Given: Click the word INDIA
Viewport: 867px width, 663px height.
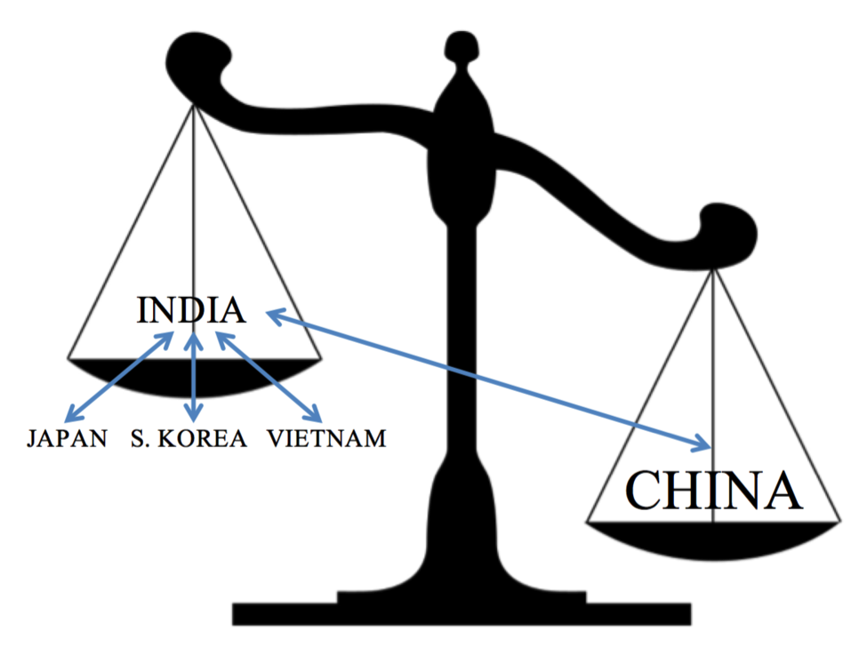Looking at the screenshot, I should [191, 310].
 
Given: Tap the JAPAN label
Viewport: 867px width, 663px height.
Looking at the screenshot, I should [68, 438].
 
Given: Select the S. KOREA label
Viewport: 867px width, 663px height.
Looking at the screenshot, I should [189, 438].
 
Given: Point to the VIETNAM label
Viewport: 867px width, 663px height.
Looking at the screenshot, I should [327, 438].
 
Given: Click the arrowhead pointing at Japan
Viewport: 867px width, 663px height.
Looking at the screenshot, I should [72, 414].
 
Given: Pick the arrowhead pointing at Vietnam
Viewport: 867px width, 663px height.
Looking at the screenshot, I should [315, 414].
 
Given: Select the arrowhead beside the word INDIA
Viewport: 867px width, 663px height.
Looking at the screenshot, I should [269, 314].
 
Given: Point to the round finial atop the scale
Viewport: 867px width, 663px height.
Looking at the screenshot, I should [460, 44].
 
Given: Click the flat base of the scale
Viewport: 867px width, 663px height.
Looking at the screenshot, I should [461, 612].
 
